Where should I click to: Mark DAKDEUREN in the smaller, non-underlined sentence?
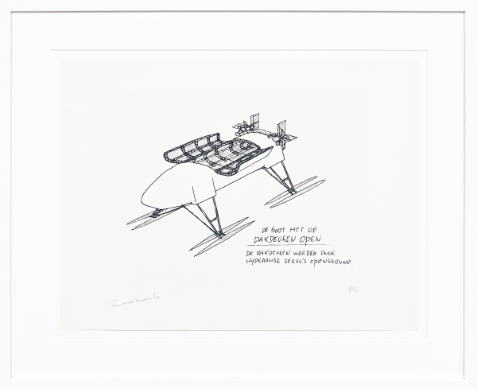pyautogui.click(x=272, y=251)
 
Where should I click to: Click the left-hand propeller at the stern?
pyautogui.click(x=246, y=125)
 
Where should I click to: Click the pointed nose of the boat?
pyautogui.click(x=144, y=199)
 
